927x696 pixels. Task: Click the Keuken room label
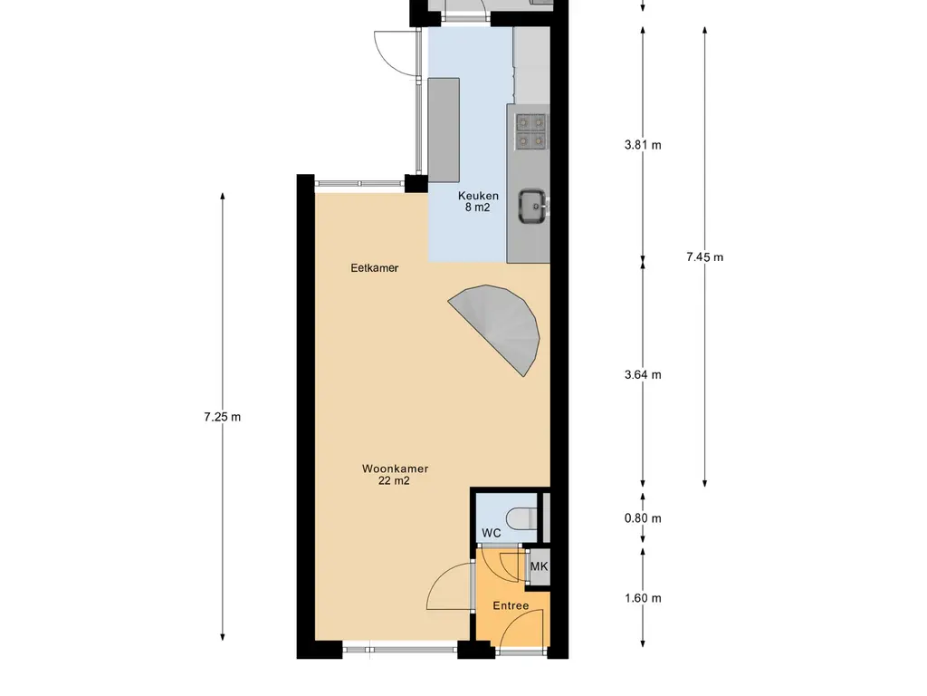pos(478,196)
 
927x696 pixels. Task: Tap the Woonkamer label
pos(395,469)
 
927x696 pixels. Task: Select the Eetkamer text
pos(374,268)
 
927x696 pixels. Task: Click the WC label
pos(492,533)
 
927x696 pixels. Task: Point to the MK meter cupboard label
pos(539,567)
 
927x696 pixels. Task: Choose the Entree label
pos(511,606)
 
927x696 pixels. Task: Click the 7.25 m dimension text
pos(223,417)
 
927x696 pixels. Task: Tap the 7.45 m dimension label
pos(704,257)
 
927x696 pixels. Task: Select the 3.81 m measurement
pos(643,145)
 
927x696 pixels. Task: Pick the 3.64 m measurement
pos(643,375)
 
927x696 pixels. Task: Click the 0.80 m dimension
pos(643,519)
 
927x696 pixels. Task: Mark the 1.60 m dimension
pos(643,598)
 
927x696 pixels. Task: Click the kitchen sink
pos(532,207)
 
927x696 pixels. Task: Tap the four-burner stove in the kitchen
pos(530,132)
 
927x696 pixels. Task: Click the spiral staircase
pos(497,328)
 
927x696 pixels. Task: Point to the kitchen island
pos(444,130)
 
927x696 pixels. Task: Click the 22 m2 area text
pos(394,481)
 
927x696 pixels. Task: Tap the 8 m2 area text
pos(478,208)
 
